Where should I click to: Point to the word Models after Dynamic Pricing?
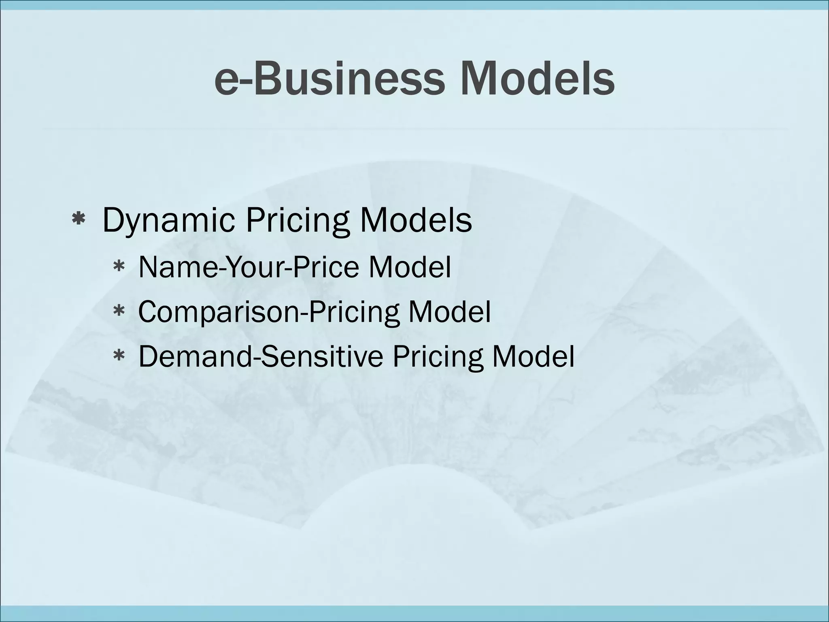click(x=416, y=221)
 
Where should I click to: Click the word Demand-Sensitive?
click(x=261, y=356)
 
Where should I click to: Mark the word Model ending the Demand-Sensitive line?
click(x=533, y=356)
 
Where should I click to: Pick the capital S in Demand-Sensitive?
click(x=269, y=356)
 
